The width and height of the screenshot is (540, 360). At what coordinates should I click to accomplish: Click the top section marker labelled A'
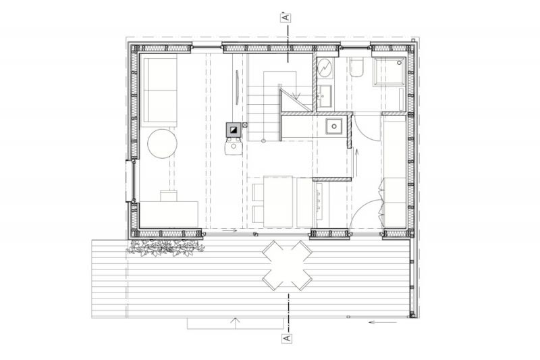pos(286,18)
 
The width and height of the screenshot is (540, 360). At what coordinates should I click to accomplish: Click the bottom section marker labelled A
pos(286,338)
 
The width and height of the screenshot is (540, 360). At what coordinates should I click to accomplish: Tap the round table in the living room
pos(162,144)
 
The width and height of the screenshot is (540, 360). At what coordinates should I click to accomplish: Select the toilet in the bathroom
pos(356,68)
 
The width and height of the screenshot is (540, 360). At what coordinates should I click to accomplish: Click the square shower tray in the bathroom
pos(390,72)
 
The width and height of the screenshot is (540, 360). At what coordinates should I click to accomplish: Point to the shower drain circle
pos(400,63)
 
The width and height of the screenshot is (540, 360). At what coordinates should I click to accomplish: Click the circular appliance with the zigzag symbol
pos(325,68)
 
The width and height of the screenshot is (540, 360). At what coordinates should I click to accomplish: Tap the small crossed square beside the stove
pos(245,125)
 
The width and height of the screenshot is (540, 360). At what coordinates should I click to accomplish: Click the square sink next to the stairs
pos(333,126)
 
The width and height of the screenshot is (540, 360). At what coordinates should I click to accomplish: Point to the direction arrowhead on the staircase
pos(294,94)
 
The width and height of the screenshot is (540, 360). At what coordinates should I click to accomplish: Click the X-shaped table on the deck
pos(287,265)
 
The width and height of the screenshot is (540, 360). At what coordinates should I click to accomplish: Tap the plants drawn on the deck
pos(165,248)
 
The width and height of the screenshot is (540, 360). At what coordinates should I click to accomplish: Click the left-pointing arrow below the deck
pos(382,322)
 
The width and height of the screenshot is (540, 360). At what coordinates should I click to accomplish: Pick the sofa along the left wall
pos(160,91)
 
